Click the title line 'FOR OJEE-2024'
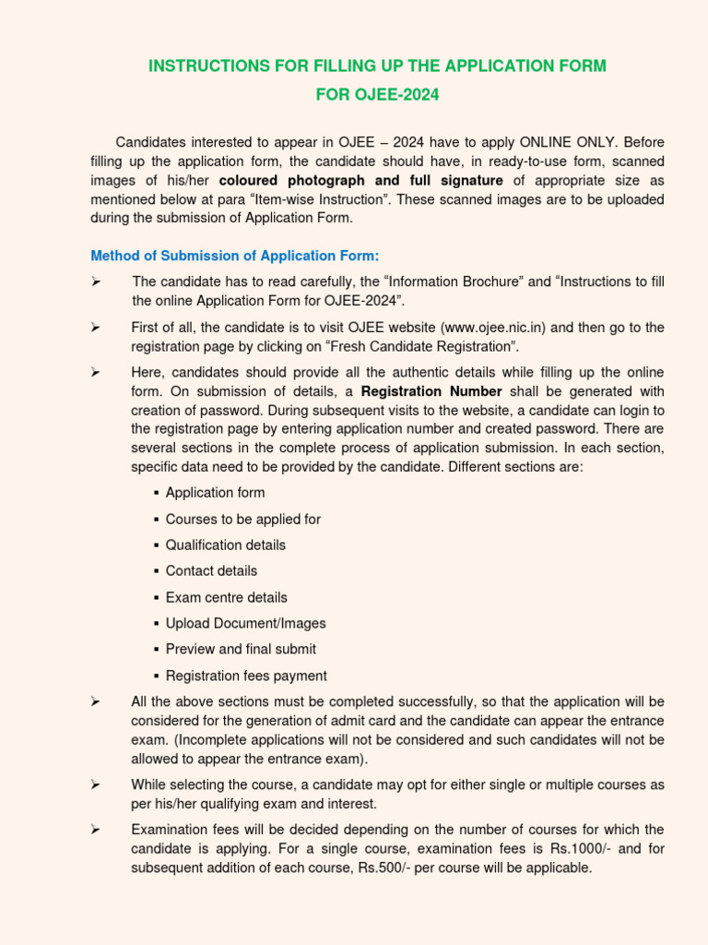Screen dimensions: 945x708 377,94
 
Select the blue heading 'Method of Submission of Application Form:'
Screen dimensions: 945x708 234,256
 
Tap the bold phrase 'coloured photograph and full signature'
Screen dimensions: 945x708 360,180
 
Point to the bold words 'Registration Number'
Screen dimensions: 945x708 431,390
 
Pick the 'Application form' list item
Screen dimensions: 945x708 215,493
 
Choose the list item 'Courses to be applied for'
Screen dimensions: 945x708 242,520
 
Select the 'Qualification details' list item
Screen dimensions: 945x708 225,545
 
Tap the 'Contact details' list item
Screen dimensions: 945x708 211,571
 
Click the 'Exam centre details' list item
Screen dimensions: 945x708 226,597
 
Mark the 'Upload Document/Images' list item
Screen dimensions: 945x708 245,623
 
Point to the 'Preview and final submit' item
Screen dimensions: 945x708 241,649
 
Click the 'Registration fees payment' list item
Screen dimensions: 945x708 246,676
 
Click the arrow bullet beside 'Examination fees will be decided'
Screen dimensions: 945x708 95,831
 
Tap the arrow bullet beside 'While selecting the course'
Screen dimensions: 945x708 95,784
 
